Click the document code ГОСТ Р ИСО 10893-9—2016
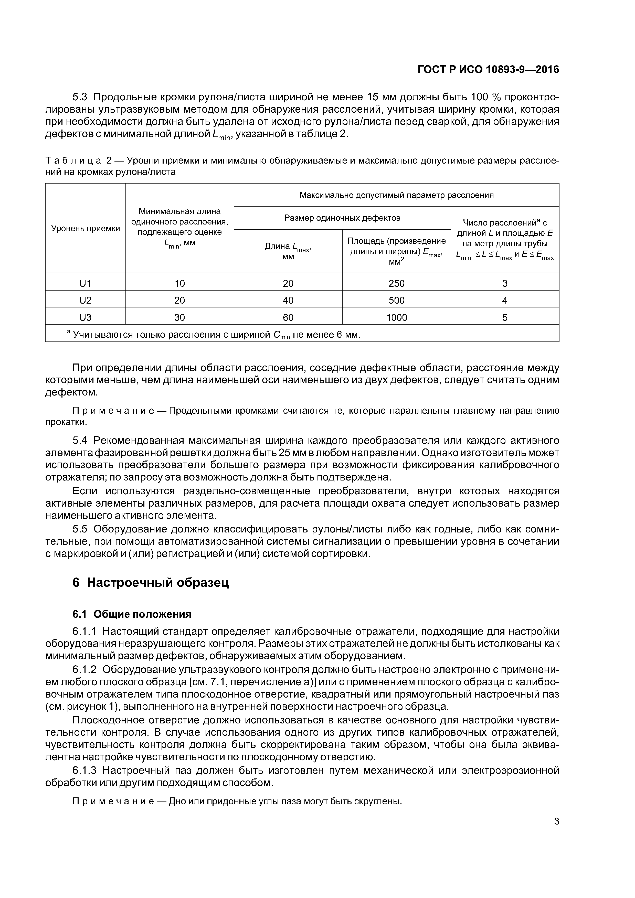tap(488, 70)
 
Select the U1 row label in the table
tap(85, 283)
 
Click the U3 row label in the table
tap(85, 317)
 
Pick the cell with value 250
tap(396, 283)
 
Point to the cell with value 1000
tap(396, 317)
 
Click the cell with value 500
tap(396, 300)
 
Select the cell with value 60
tap(288, 317)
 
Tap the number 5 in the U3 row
tap(505, 317)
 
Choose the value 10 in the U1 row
tap(179, 283)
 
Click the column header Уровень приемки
tap(85, 228)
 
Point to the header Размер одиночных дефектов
tap(342, 218)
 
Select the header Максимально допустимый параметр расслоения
tap(396, 195)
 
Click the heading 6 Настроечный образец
tap(151, 583)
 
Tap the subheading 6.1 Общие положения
tap(132, 614)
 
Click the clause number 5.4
tap(80, 441)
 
